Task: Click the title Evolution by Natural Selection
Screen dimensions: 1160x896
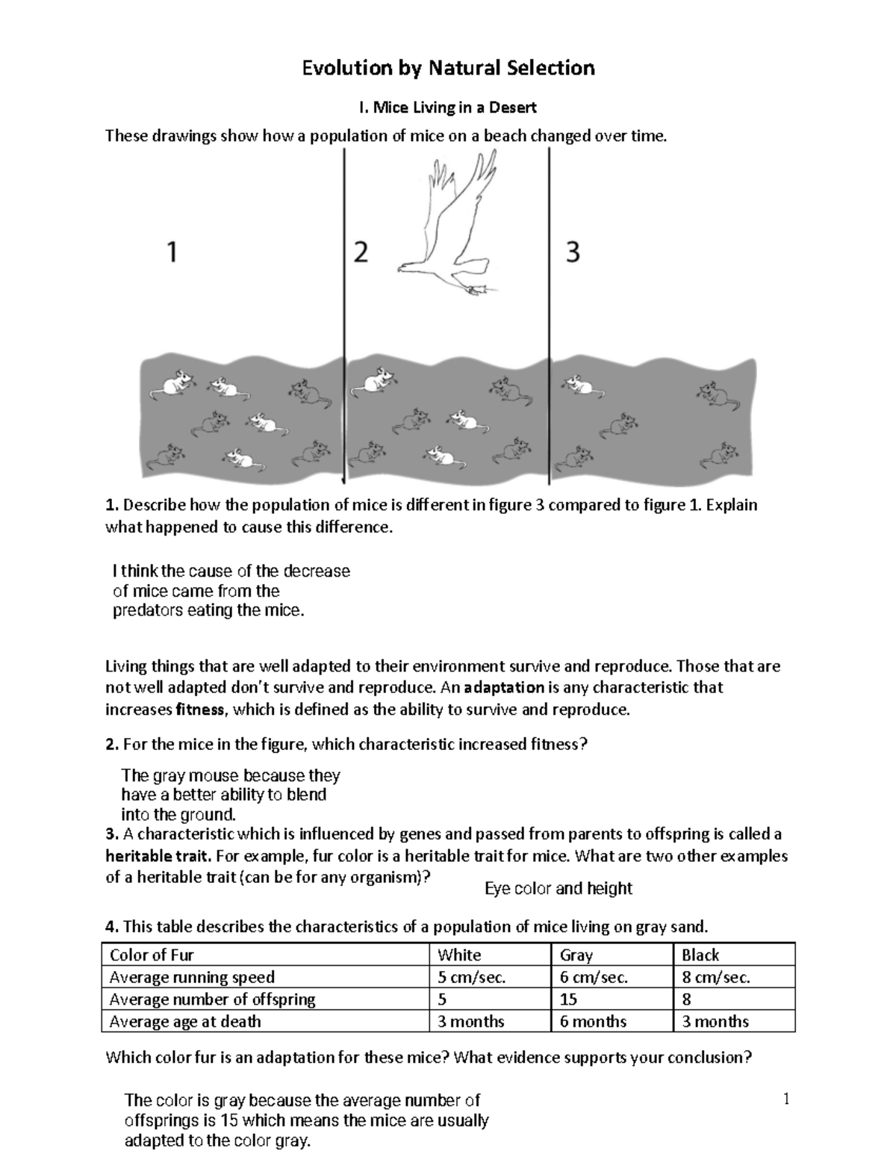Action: point(448,69)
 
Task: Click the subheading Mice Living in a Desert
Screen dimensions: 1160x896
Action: point(448,108)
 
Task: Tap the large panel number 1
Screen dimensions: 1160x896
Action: point(172,252)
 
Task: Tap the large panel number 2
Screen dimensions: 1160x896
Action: point(361,253)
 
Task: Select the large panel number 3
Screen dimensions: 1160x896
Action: point(573,253)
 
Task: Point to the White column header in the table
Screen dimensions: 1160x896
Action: point(459,955)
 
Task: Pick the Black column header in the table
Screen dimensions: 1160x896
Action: point(700,955)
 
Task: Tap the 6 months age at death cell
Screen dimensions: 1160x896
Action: point(593,1021)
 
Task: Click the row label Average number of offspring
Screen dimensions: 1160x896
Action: point(212,999)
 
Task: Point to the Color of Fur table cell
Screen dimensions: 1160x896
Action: point(152,955)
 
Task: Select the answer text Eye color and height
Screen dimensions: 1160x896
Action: point(558,888)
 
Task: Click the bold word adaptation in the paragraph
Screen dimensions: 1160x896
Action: point(504,687)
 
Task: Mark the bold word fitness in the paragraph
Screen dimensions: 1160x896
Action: point(200,710)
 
